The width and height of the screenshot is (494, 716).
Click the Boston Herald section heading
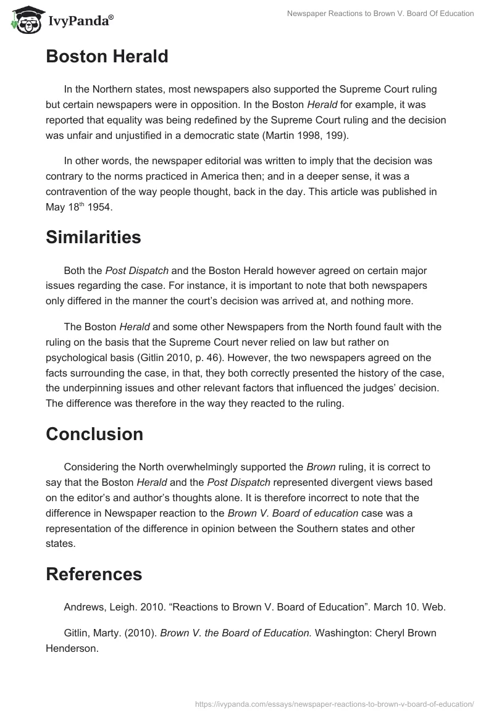pos(107,57)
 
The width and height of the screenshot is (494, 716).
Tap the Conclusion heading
pos(94,434)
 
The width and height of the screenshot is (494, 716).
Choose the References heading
pos(94,574)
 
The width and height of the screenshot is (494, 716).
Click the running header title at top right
pos(380,14)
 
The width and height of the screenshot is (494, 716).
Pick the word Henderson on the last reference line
pos(72,649)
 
